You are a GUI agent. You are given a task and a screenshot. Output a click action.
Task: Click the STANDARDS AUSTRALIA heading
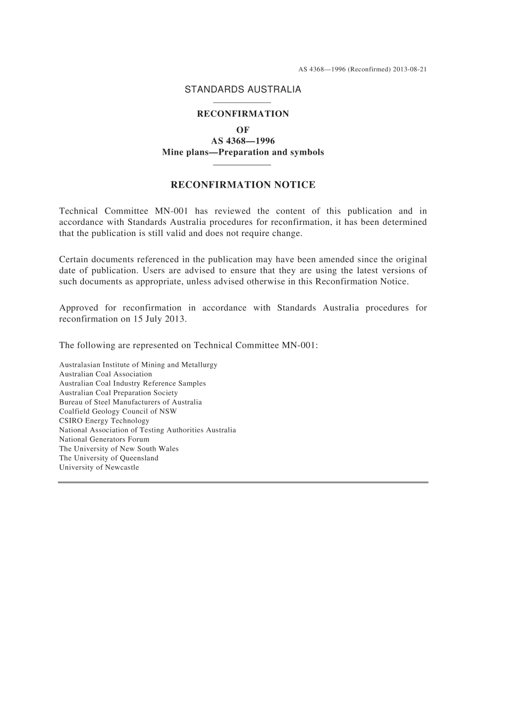click(242, 90)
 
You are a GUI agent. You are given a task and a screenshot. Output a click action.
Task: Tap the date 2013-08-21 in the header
click(410, 69)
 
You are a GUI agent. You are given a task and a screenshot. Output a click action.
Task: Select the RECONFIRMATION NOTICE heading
click(242, 185)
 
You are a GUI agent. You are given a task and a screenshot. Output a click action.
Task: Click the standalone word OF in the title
click(242, 130)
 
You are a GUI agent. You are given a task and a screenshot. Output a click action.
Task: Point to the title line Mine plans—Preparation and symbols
click(242, 153)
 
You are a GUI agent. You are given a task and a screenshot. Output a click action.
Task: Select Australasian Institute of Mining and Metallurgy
click(138, 365)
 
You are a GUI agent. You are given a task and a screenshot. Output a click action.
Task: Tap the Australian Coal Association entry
click(105, 374)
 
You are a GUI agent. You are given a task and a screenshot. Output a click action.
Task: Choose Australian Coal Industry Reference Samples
click(132, 384)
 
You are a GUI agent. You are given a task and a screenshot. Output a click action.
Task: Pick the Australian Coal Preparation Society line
click(118, 393)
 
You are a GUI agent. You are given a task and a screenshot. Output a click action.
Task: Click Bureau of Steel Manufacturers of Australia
click(130, 402)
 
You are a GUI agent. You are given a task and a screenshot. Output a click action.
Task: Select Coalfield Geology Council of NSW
click(117, 411)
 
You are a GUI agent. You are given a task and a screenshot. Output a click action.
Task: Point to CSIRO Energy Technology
click(104, 421)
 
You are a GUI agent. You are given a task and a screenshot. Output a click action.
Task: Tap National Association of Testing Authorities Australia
click(147, 430)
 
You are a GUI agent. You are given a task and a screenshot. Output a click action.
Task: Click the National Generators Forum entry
click(104, 440)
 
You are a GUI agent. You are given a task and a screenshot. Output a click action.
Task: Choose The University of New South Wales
click(119, 449)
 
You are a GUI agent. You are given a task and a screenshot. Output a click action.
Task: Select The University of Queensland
click(108, 458)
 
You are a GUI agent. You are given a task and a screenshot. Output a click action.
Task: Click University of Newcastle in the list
click(99, 468)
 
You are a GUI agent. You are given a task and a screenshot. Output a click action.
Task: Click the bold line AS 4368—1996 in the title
click(242, 141)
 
